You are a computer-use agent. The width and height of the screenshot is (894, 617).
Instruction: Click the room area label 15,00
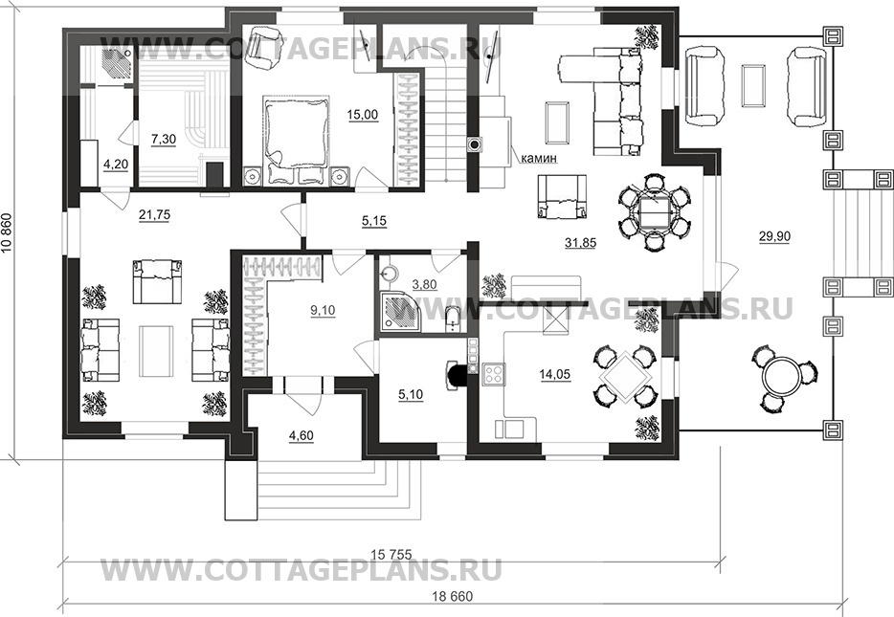click(x=362, y=115)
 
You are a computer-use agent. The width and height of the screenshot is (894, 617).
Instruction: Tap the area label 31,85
click(x=580, y=243)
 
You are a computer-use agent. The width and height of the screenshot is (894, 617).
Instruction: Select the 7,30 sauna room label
click(x=164, y=139)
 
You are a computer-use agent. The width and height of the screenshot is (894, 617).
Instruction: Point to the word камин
click(x=539, y=160)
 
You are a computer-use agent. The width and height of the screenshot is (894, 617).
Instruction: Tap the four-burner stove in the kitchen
click(x=494, y=374)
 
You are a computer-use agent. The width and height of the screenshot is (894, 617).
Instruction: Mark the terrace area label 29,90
click(x=774, y=236)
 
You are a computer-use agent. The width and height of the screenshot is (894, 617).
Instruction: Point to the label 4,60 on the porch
click(x=302, y=437)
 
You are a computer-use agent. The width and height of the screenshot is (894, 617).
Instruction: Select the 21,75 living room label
click(x=154, y=215)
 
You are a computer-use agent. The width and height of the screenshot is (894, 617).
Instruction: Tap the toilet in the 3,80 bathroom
click(x=453, y=320)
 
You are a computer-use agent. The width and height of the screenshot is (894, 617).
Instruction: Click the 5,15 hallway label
click(x=374, y=221)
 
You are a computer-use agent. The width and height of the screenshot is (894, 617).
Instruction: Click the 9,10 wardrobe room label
click(x=323, y=311)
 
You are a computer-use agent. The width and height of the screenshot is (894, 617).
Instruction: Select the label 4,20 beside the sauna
click(x=115, y=165)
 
